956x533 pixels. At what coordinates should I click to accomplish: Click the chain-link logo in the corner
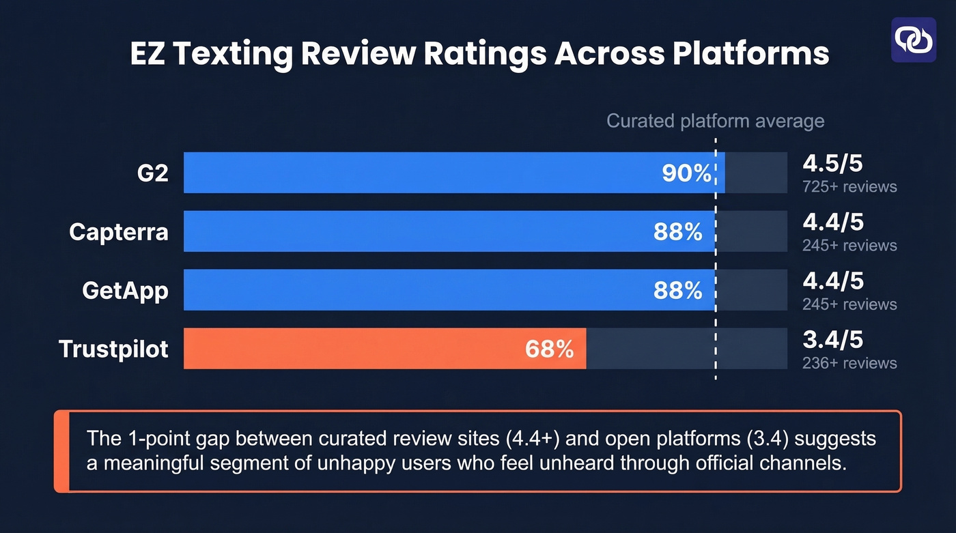click(914, 40)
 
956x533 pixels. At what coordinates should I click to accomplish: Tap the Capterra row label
click(118, 232)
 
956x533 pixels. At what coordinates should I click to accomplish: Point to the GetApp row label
click(125, 291)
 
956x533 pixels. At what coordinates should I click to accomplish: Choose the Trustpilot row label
click(113, 349)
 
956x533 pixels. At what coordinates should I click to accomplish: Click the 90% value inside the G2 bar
click(687, 173)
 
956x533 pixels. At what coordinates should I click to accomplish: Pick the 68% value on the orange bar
click(549, 349)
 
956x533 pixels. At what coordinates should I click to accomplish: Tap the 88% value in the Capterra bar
click(677, 232)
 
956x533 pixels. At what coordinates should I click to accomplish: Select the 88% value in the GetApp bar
click(677, 291)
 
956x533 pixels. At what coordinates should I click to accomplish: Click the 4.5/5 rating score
click(833, 164)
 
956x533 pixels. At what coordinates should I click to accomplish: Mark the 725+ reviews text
click(849, 187)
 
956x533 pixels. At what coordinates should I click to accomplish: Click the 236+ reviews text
click(849, 363)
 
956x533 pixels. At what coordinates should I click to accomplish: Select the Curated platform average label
click(715, 121)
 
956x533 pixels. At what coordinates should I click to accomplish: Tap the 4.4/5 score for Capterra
click(833, 223)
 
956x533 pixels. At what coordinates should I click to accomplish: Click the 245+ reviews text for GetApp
click(849, 304)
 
